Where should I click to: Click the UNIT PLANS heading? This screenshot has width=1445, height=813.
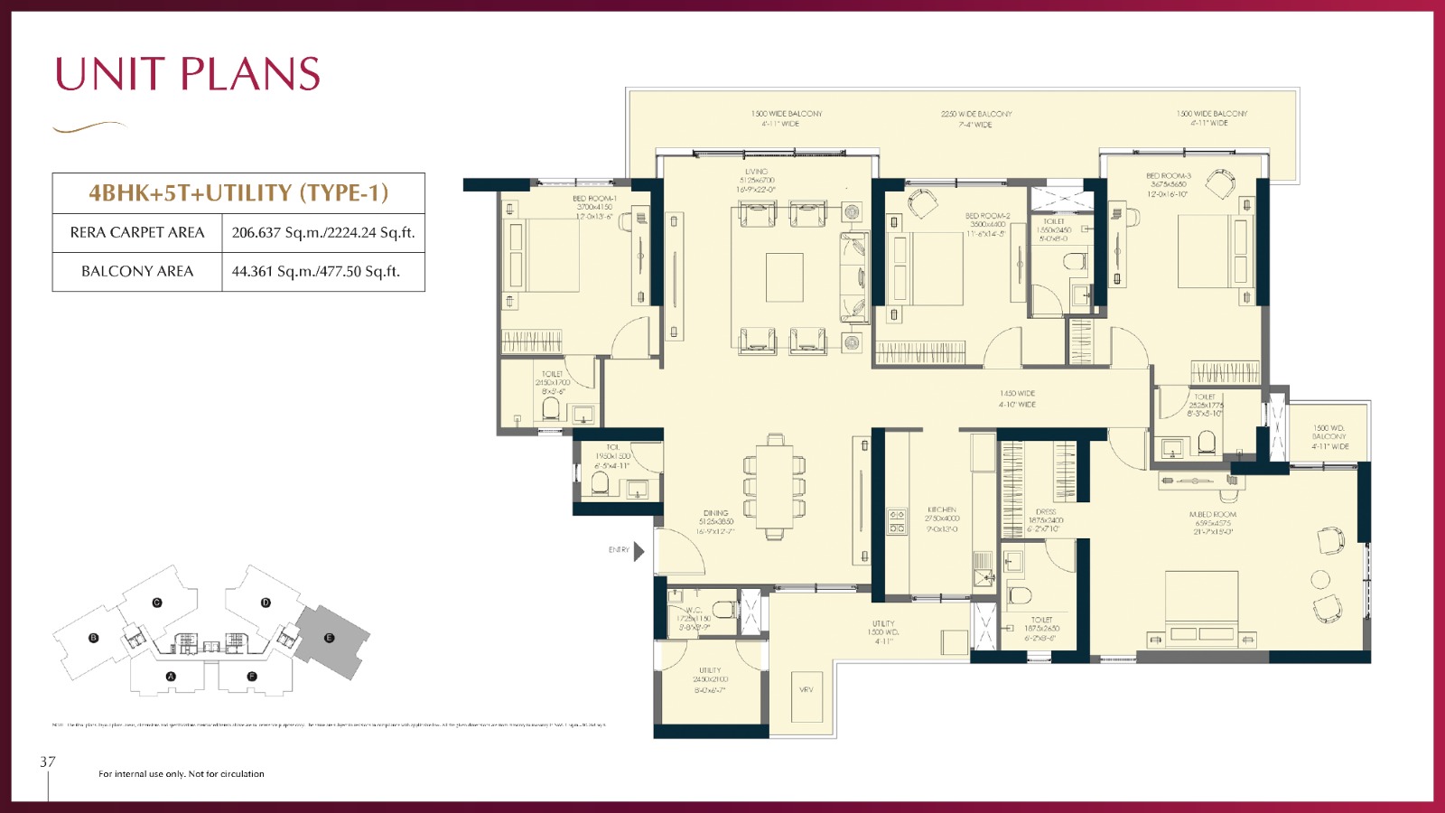coord(188,74)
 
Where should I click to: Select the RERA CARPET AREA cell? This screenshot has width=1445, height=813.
coord(137,232)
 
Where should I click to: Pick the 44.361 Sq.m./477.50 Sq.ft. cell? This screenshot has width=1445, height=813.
coord(316,271)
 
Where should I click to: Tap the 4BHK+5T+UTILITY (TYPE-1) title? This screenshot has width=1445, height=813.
coord(238,192)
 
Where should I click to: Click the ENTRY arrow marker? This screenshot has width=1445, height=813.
coord(639,550)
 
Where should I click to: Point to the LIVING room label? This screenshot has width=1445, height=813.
coord(756,172)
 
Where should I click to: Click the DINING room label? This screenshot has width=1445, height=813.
coord(715,513)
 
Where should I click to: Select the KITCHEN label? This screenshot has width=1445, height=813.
coord(942,509)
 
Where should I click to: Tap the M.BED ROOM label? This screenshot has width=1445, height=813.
coord(1212,514)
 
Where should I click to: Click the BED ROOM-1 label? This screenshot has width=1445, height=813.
coord(594,199)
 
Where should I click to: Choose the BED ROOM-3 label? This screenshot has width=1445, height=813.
coord(1168,176)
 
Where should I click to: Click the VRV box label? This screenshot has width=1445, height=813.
coord(806,689)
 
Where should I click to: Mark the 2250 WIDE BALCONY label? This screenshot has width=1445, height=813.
coord(976,115)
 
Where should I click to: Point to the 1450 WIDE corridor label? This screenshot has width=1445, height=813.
coord(1017,394)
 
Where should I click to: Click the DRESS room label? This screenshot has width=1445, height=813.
coord(1046,512)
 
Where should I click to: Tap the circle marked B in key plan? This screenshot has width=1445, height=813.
coord(93,638)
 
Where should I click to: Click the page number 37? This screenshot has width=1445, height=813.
coord(48,762)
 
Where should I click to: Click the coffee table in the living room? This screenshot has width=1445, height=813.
coord(784,277)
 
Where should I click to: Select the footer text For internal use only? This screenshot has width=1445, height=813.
coord(182,774)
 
